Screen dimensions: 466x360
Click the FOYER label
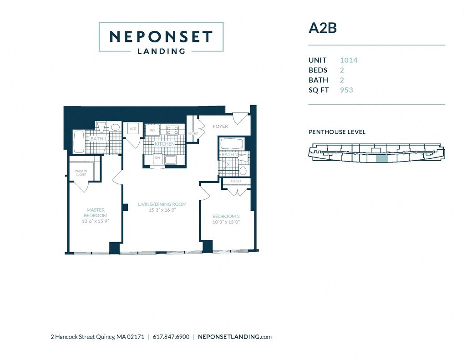[220, 126]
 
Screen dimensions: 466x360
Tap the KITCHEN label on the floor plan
[165, 144]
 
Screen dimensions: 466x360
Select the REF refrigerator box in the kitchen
[152, 130]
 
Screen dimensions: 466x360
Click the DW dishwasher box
[157, 158]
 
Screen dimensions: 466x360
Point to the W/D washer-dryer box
[132, 129]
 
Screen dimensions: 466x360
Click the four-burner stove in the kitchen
[172, 131]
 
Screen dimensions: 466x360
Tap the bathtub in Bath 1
[79, 141]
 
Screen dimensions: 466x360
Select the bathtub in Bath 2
[232, 144]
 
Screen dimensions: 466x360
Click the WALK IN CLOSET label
[81, 173]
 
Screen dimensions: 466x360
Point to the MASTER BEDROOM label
[96, 213]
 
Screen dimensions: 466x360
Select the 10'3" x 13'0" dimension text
[225, 222]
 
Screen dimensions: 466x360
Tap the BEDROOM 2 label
[226, 216]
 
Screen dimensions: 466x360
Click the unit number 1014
[348, 60]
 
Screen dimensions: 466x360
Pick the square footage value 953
[346, 90]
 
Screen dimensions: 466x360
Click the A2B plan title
[322, 28]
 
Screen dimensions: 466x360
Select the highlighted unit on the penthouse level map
[381, 158]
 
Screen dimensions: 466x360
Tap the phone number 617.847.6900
[171, 337]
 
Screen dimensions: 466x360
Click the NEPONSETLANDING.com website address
[235, 337]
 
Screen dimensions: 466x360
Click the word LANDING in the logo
[161, 51]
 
